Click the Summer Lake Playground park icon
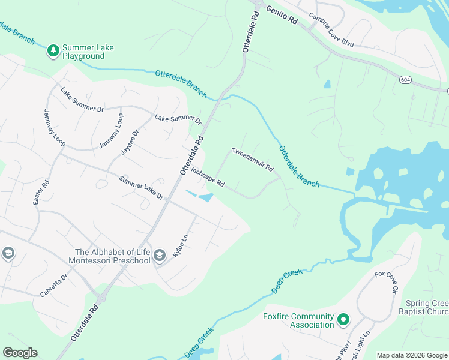(x=53, y=50)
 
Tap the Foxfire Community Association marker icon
(x=343, y=320)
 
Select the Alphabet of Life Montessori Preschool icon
(x=159, y=256)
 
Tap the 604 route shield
(x=406, y=79)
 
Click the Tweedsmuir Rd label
(x=253, y=159)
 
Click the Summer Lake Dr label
(x=141, y=188)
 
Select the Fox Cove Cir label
(x=387, y=282)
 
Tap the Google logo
(x=20, y=352)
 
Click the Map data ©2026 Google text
(x=411, y=355)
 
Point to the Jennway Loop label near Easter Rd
(x=54, y=129)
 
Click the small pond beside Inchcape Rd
(x=206, y=197)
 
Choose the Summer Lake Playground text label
(x=88, y=52)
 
